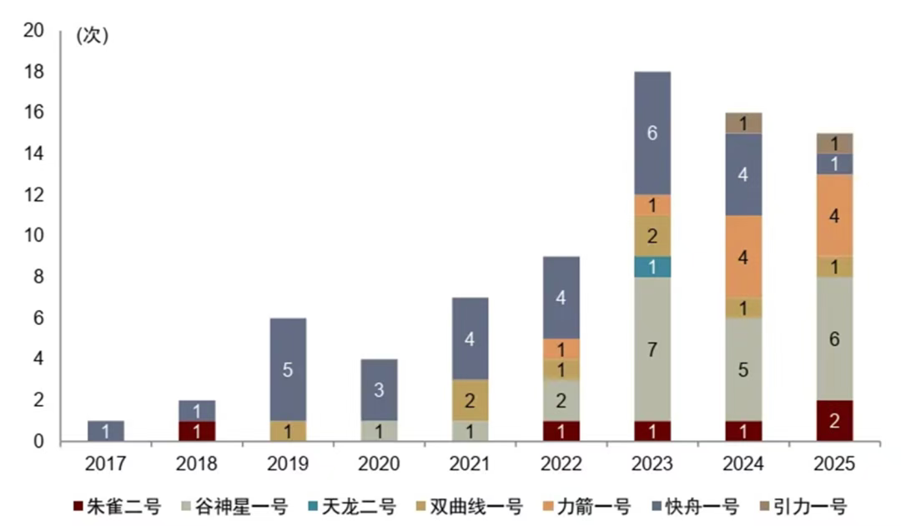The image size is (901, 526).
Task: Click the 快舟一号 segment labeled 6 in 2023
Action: point(652,133)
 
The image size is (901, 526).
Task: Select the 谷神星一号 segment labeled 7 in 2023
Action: point(652,349)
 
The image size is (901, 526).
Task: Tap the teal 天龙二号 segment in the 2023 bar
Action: point(652,267)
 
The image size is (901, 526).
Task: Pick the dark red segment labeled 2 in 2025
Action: point(833,421)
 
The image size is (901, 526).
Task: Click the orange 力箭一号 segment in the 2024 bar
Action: point(742,257)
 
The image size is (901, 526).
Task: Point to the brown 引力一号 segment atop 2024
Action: point(742,123)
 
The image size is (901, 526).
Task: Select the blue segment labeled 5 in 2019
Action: point(287,369)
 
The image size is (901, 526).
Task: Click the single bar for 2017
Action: point(105,431)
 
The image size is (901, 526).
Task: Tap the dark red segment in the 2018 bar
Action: point(197,431)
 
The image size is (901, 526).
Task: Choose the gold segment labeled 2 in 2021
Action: point(470,400)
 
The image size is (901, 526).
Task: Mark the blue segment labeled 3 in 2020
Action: point(379,390)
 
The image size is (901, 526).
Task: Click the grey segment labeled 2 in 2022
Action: point(561,400)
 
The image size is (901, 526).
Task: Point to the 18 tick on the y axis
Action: point(33,72)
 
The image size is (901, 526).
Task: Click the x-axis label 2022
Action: point(561,463)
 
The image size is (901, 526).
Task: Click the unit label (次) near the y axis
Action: point(93,36)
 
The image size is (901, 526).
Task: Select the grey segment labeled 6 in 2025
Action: point(833,338)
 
